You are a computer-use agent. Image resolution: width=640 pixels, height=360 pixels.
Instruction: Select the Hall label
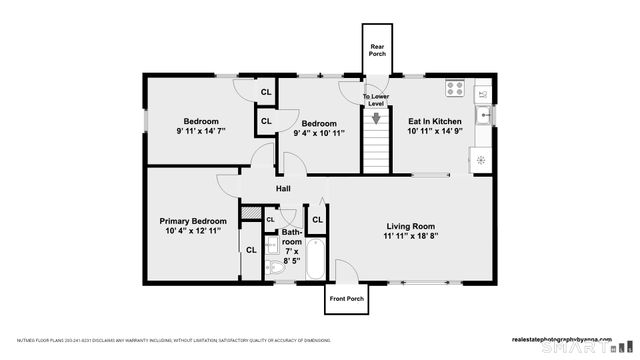[x=284, y=188]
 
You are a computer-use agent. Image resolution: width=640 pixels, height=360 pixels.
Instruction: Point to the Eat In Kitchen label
[x=434, y=120]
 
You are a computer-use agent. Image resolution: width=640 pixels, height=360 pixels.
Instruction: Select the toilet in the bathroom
[x=275, y=268]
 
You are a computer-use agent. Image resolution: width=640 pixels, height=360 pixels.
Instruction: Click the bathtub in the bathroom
[x=314, y=260]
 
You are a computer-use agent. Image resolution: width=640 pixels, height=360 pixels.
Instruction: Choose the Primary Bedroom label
[x=193, y=220]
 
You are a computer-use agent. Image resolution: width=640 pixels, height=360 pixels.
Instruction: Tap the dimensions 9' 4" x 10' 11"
[x=319, y=131]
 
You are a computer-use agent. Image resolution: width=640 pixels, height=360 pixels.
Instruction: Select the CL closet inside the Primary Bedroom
[x=252, y=250]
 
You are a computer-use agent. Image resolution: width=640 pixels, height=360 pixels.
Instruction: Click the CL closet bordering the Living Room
[x=317, y=219]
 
